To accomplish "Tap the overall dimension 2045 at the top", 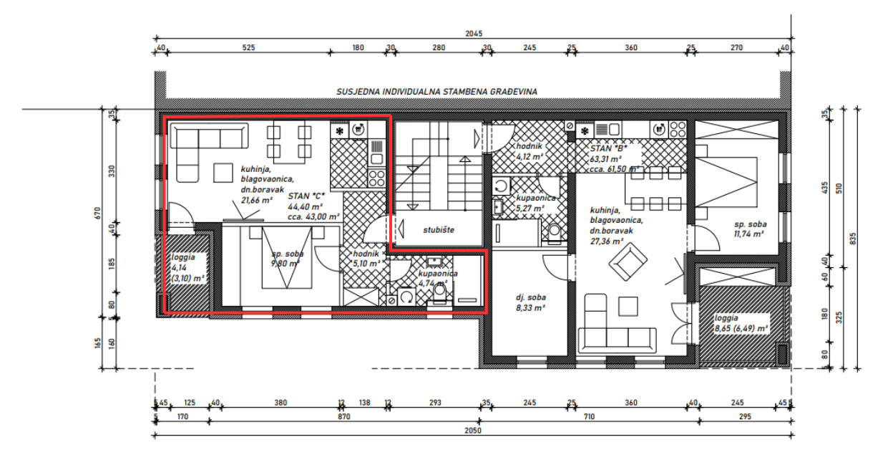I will tap(473, 33).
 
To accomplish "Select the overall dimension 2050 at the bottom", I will tap(473, 431).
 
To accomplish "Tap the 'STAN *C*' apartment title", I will tap(306, 196).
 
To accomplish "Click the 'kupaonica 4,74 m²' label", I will tap(438, 278).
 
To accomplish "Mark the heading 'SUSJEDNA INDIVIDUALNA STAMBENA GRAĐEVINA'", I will tap(436, 92).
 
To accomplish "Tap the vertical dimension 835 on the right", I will tap(852, 238).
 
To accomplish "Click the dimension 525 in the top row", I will tap(248, 48).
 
